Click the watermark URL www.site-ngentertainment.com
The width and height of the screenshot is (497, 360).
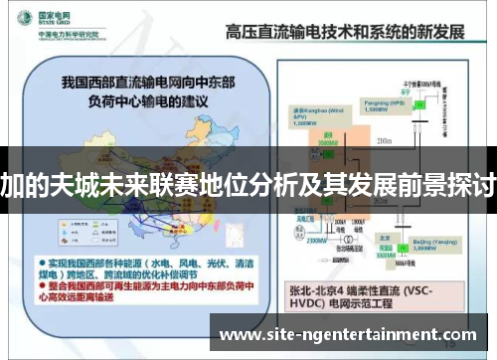tap(348, 335)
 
